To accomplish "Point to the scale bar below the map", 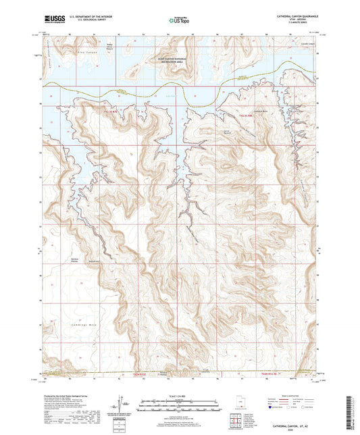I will [179, 405].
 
